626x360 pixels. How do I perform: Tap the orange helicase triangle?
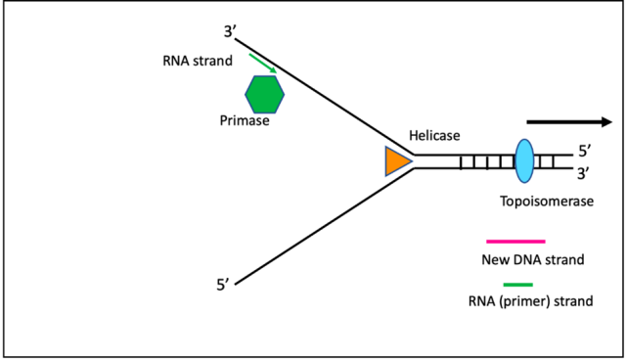(396, 161)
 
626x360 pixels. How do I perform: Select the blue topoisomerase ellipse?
(523, 160)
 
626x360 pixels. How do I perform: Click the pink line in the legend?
(514, 240)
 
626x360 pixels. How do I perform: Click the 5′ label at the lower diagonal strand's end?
(224, 285)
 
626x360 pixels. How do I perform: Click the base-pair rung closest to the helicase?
(462, 161)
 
